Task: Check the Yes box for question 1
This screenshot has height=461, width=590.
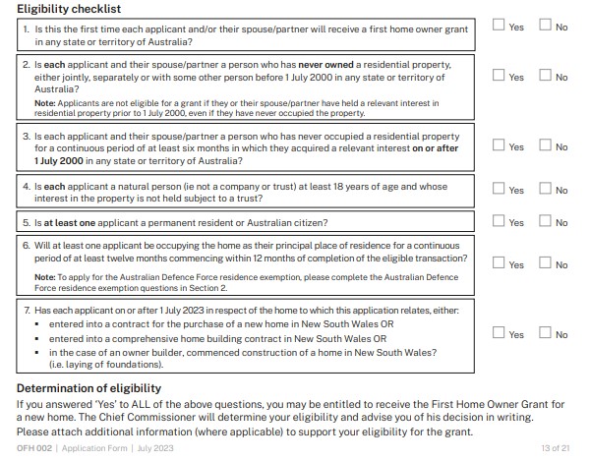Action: point(499,27)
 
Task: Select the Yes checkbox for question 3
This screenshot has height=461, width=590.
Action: point(499,145)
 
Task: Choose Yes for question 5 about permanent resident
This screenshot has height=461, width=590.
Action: point(499,222)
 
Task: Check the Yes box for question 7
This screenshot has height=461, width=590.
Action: point(499,334)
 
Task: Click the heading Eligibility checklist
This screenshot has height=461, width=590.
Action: point(69,8)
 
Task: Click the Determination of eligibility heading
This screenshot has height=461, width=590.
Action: point(88,389)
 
